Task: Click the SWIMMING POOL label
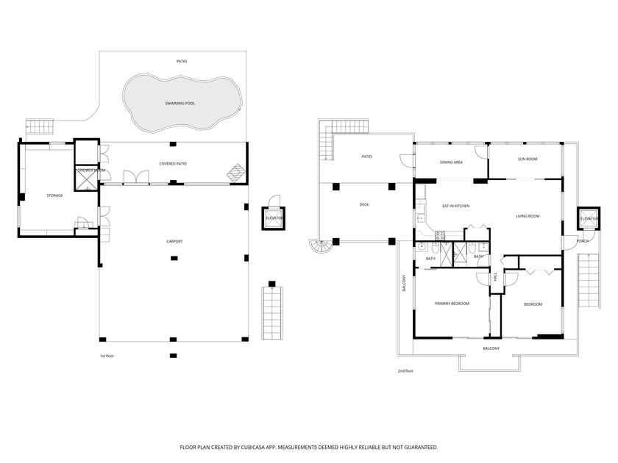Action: [x=180, y=104]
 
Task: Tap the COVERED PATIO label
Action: [x=171, y=163]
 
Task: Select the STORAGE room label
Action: [x=54, y=195]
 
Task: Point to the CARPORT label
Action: [x=174, y=241]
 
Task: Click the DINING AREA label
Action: [x=451, y=162]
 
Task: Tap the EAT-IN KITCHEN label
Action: [x=455, y=206]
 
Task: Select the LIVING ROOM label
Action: [x=528, y=216]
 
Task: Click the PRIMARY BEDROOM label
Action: [x=452, y=304]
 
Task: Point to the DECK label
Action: [x=364, y=204]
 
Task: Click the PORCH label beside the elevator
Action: [x=582, y=241]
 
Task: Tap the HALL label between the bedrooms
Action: [x=495, y=277]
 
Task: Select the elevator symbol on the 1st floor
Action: [x=274, y=218]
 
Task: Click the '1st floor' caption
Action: [x=107, y=356]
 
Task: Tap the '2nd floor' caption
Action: [x=405, y=371]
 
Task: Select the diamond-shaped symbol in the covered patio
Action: [x=235, y=172]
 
